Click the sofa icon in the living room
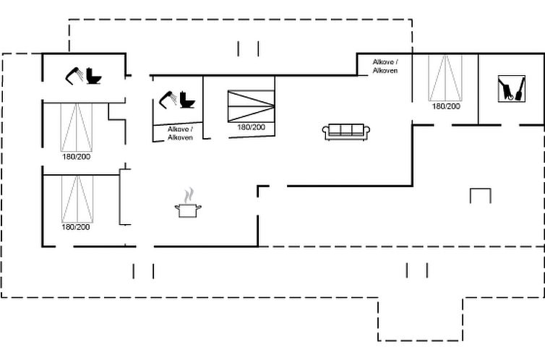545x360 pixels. pyautogui.click(x=346, y=131)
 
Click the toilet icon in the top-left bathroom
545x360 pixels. pyautogui.click(x=93, y=75)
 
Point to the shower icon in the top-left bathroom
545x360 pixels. pyautogui.click(x=74, y=75)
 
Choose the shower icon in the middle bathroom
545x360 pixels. pyautogui.click(x=168, y=99)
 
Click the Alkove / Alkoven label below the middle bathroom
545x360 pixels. pyautogui.click(x=180, y=133)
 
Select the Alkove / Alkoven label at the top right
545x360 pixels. pyautogui.click(x=385, y=66)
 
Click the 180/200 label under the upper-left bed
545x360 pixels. pyautogui.click(x=76, y=156)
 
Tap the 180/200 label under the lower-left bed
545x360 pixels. pyautogui.click(x=76, y=227)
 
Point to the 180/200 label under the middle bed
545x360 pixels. pyautogui.click(x=251, y=127)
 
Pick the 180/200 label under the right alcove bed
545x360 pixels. pyautogui.click(x=446, y=106)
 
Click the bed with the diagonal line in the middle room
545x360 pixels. pyautogui.click(x=251, y=106)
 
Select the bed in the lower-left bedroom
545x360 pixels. pyautogui.click(x=77, y=198)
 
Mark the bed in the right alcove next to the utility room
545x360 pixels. pyautogui.click(x=446, y=78)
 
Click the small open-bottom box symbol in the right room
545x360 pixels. pyautogui.click(x=480, y=195)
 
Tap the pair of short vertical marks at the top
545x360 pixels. pyautogui.click(x=248, y=48)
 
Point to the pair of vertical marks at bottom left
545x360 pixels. pyautogui.click(x=143, y=271)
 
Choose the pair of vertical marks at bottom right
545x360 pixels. pyautogui.click(x=417, y=270)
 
